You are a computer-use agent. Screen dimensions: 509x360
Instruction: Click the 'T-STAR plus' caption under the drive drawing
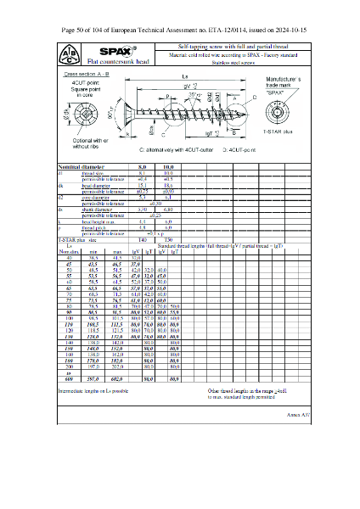click(x=278, y=133)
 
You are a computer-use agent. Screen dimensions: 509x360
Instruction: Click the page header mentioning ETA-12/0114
click(x=179, y=29)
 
